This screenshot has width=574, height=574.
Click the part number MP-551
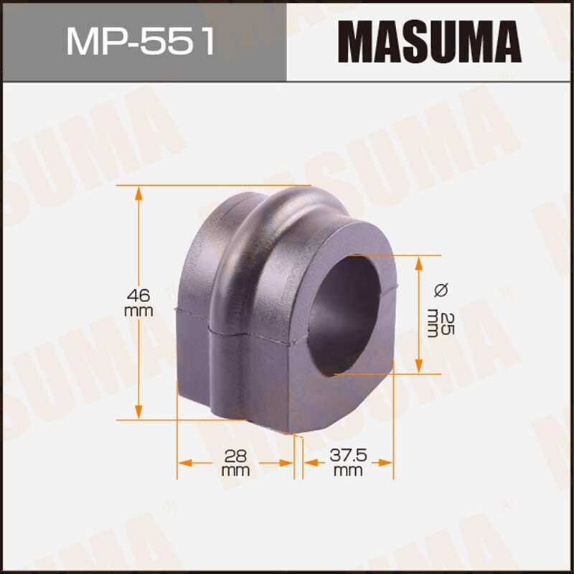[x=141, y=41]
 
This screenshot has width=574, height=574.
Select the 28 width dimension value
[x=235, y=455]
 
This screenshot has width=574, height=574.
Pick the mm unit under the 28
[x=235, y=471]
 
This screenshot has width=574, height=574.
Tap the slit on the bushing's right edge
[x=394, y=291]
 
